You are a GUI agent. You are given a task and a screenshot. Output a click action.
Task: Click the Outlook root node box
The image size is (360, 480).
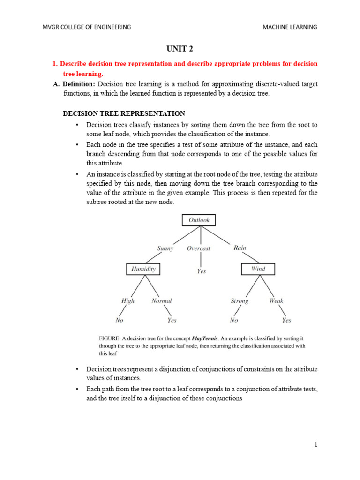pos(199,220)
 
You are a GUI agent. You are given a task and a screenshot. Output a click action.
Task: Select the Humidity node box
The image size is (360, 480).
pos(143,269)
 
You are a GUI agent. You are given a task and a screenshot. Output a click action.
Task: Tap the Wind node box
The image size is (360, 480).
pos(258,269)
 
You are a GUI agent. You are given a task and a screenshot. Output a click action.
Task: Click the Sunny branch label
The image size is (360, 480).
pos(165,248)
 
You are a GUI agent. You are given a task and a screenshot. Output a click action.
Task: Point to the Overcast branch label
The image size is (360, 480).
pos(199,248)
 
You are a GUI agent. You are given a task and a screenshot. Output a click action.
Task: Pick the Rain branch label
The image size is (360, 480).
pos(240,248)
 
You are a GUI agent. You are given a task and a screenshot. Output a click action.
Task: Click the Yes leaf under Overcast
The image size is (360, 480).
pos(201,271)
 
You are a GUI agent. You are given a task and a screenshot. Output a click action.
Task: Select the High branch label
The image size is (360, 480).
pos(128,301)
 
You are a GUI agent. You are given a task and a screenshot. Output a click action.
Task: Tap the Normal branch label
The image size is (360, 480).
pos(162,301)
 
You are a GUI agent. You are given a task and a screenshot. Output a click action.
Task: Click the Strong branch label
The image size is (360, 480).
pos(240,301)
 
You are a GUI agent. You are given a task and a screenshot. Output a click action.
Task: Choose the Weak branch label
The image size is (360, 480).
pos(276,301)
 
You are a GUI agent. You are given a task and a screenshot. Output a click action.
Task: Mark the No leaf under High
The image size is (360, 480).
pos(120,321)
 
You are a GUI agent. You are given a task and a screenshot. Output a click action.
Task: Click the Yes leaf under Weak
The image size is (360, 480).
pos(286,321)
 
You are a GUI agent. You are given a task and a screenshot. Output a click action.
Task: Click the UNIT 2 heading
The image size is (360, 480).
pos(180,49)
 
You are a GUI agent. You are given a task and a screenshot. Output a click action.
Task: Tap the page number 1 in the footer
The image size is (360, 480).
pos(316,445)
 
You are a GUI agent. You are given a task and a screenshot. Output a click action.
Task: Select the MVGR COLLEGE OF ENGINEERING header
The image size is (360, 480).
pos(87,27)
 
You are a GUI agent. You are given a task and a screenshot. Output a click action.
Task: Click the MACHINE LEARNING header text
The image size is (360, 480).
pos(290,27)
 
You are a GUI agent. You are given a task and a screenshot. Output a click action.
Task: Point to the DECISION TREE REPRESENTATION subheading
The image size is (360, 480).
pos(124,113)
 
